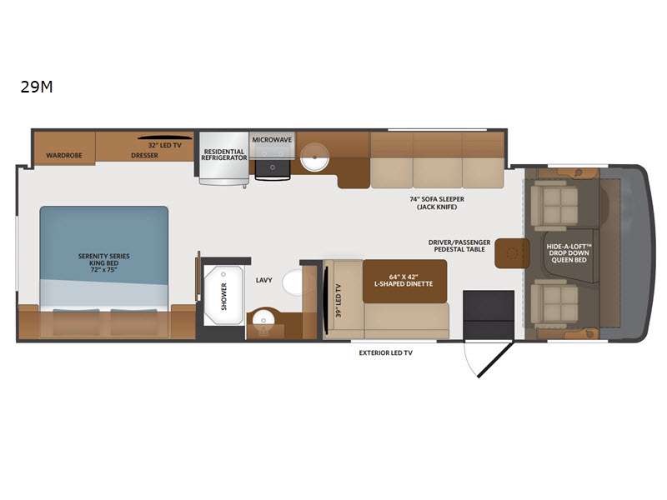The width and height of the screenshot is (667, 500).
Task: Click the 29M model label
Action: pyautogui.click(x=37, y=87)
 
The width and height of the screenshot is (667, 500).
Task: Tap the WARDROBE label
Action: pyautogui.click(x=64, y=155)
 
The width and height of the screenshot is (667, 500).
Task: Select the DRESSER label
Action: pyautogui.click(x=144, y=155)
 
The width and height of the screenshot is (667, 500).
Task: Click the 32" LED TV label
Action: pyautogui.click(x=165, y=145)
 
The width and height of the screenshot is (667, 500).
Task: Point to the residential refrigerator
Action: pyautogui.click(x=223, y=157)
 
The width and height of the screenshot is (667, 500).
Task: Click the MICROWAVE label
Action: pyautogui.click(x=273, y=139)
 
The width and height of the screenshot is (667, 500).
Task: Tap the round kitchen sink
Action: pyautogui.click(x=314, y=156)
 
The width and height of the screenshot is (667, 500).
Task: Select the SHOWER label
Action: pyautogui.click(x=224, y=297)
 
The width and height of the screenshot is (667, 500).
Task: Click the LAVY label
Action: pyautogui.click(x=263, y=280)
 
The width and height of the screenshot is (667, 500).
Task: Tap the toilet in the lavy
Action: pyautogui.click(x=293, y=282)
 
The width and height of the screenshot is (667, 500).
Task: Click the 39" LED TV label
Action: pyautogui.click(x=339, y=301)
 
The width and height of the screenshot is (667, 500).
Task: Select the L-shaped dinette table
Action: pyautogui.click(x=404, y=281)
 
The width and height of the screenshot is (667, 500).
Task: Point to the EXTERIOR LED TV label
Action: pyautogui.click(x=386, y=352)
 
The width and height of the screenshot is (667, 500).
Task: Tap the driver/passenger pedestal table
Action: pyautogui.click(x=512, y=253)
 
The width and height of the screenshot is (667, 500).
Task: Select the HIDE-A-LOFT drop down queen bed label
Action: pyautogui.click(x=569, y=253)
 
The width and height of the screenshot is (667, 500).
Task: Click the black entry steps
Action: pyautogui.click(x=489, y=314)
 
